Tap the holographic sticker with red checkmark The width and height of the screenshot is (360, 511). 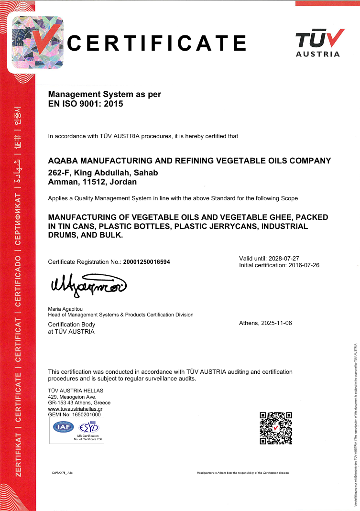coord(37,42)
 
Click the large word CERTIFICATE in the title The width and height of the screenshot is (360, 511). coord(157,43)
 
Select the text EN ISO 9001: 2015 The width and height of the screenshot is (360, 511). coord(86,103)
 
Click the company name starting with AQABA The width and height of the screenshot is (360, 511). coord(190,161)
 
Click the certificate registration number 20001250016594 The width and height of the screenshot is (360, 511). coord(146,262)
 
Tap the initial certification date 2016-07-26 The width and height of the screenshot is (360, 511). coord(303,265)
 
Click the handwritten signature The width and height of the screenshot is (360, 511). coord(88,285)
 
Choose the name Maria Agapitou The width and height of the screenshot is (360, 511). coord(65,309)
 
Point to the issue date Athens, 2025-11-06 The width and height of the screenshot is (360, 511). coord(265,323)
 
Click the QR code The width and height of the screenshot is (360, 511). coord(276,428)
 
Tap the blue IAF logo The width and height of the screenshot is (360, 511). coord(63,427)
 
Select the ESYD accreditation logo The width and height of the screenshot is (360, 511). coord(88,427)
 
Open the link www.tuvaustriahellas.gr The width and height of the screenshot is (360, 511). coord(76,409)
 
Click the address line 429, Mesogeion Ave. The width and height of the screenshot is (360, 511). coord(72,397)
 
